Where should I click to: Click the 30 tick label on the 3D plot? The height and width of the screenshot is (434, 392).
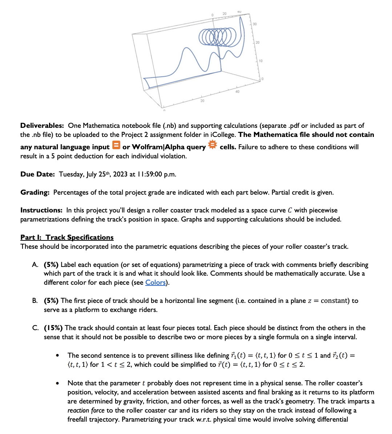point(254,24)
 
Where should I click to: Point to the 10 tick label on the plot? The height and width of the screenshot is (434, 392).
point(260,61)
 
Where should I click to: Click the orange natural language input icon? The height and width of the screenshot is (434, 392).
point(116,145)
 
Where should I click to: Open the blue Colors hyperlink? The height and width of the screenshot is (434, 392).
point(155,283)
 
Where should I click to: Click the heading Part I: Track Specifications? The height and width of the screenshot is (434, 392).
point(67,238)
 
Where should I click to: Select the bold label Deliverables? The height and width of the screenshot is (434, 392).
point(42,126)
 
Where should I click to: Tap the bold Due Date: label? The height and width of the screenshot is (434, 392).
point(37,174)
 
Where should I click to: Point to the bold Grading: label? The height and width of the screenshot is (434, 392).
point(35,192)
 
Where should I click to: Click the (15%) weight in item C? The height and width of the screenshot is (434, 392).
point(53,328)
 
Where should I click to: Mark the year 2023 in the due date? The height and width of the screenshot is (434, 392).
point(121,174)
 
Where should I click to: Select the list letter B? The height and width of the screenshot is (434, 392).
point(35,301)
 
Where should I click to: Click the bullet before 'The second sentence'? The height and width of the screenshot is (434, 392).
point(57,356)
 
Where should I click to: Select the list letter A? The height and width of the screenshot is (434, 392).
point(35,265)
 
